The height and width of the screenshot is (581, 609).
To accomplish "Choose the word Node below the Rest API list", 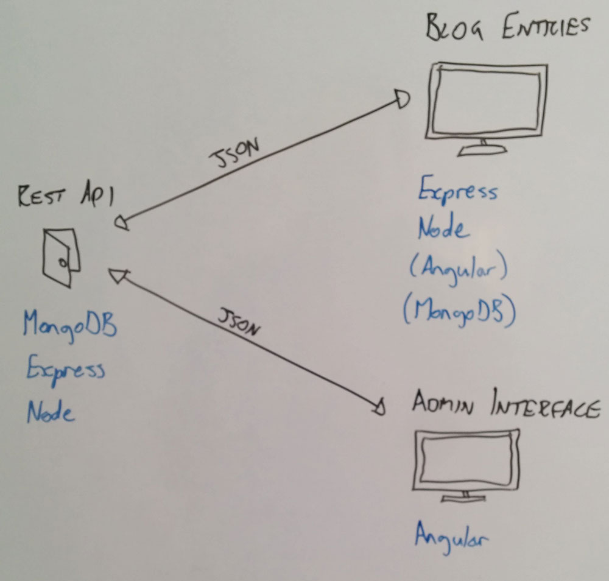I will click(50, 413).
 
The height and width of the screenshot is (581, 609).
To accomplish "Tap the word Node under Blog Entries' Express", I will click(443, 230).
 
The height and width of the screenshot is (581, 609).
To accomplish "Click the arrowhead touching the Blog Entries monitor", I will click(403, 99).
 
